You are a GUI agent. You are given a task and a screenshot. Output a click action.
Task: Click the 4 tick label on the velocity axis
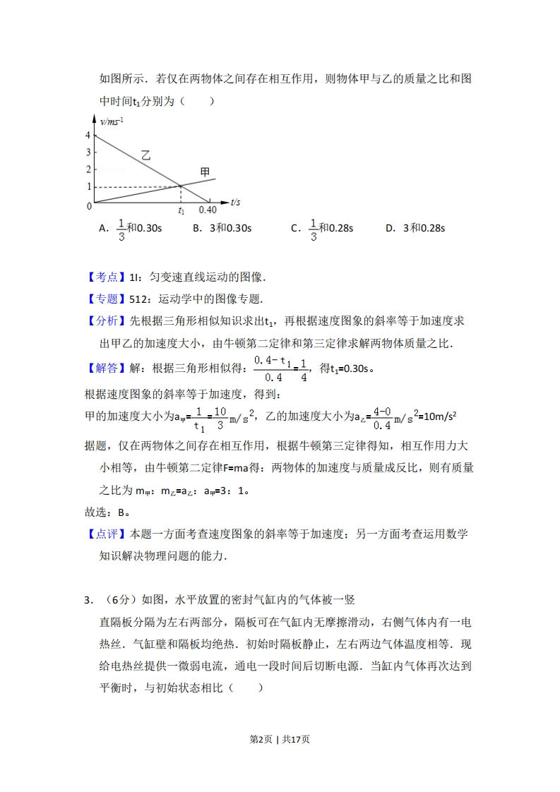pos(88,135)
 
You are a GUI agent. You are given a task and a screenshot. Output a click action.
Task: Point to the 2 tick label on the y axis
pos(88,169)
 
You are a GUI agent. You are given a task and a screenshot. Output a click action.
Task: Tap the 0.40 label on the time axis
pos(207,210)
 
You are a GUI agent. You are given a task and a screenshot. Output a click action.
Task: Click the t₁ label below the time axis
pos(181,210)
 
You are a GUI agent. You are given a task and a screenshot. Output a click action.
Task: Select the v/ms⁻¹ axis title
pos(112,121)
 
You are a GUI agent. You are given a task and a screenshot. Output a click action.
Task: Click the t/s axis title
pos(235,203)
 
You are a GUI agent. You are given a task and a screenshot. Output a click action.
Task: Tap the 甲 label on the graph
pos(205,172)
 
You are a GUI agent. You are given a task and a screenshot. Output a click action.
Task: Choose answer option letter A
pos(103,228)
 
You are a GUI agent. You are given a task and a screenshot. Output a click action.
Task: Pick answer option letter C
pos(295,228)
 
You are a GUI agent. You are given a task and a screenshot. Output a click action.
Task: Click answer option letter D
pos(389,228)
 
